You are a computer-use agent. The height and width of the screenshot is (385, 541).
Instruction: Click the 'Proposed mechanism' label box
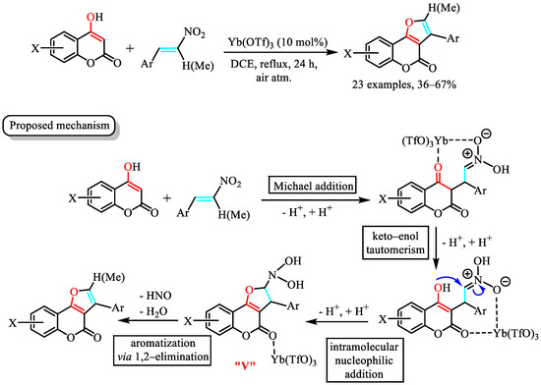point(59,126)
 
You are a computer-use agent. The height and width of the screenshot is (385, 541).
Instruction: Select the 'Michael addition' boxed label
point(313,187)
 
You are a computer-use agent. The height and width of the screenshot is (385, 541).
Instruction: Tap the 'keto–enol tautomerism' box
point(395,243)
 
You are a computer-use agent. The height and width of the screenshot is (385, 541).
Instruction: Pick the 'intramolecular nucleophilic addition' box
point(364,360)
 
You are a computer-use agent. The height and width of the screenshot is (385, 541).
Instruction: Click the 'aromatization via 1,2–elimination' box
point(162,350)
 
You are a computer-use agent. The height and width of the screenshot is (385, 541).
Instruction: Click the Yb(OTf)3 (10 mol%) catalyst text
point(277,42)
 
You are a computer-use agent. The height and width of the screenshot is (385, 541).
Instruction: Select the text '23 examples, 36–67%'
point(404,84)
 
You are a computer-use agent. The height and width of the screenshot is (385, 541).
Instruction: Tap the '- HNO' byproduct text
point(155,296)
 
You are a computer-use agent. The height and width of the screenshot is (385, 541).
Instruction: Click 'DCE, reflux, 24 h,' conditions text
point(274,65)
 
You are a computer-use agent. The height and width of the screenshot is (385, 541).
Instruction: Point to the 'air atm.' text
point(273,78)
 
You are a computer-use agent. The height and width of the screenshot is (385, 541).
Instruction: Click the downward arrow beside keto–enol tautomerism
point(436,247)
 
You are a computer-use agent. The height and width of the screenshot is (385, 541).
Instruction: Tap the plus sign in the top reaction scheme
point(130,48)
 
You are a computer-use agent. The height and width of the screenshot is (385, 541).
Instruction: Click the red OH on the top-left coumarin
point(95,17)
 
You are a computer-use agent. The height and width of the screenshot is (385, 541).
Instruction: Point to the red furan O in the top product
point(409,23)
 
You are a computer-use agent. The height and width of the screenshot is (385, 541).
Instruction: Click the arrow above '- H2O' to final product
point(149,321)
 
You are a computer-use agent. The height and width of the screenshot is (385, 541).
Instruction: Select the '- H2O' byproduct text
point(154,311)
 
